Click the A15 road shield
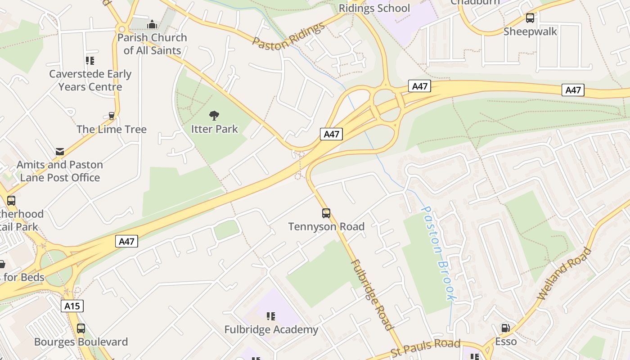tap(72, 306)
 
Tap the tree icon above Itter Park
tap(215, 116)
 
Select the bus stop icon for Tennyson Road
tap(326, 213)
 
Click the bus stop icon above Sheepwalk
tap(530, 18)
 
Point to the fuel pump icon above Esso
tap(506, 328)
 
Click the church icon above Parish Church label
tap(152, 24)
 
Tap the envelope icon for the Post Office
tap(60, 151)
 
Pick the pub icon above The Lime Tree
tap(112, 116)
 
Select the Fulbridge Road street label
tap(372, 295)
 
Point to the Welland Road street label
tap(565, 273)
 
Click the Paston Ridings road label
tap(288, 35)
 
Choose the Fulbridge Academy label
tap(271, 330)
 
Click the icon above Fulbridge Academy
tap(271, 316)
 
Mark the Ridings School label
tap(374, 8)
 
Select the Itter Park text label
tap(215, 129)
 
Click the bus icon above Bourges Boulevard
tap(81, 328)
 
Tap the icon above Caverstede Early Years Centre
tap(90, 60)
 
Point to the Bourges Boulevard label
tap(81, 342)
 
